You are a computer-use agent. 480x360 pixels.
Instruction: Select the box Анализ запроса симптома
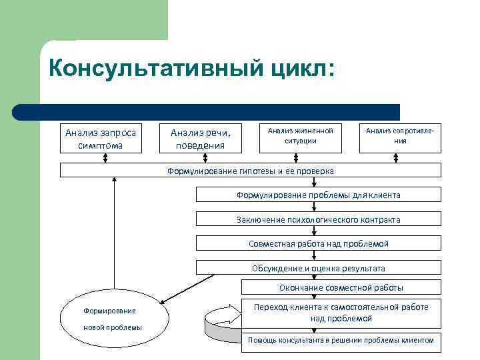point(101,138)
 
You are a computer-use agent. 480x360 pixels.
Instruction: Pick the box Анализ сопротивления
point(400,137)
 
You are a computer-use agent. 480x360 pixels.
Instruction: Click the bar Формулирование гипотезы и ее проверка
point(251,171)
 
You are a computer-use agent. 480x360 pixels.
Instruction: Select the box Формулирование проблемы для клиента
point(318,195)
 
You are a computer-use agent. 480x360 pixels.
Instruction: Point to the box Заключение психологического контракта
point(318,219)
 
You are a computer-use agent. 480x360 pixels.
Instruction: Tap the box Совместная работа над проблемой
point(318,244)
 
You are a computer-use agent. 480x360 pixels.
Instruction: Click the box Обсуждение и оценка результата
point(318,268)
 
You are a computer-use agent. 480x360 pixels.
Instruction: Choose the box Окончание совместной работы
point(341,287)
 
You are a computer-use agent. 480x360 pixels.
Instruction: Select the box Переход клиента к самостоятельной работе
point(341,313)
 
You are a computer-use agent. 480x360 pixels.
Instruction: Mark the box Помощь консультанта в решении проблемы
point(341,340)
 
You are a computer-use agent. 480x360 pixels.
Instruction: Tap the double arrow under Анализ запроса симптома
point(104,158)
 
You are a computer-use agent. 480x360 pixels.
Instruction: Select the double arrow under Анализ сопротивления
point(396,158)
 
